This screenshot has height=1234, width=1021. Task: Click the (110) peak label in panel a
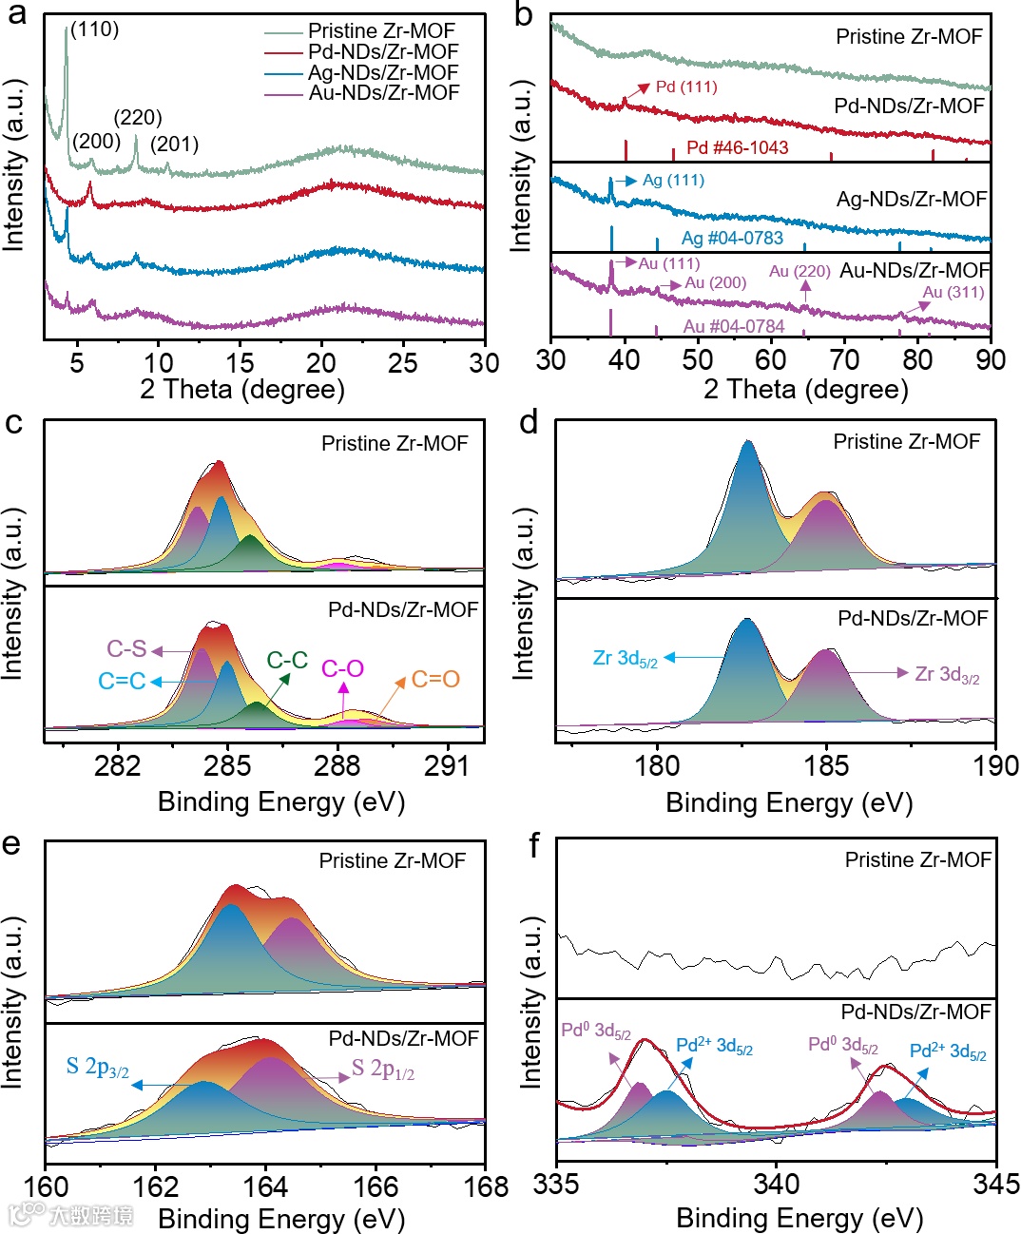pyautogui.click(x=94, y=29)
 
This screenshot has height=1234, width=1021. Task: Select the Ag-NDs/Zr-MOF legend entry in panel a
pyautogui.click(x=382, y=72)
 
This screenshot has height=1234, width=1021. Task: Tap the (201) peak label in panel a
pyautogui.click(x=174, y=145)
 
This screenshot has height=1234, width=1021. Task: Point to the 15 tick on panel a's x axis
pyautogui.click(x=240, y=362)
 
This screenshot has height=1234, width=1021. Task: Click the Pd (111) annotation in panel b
pyautogui.click(x=686, y=87)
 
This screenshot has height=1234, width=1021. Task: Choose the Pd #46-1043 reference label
pyautogui.click(x=737, y=147)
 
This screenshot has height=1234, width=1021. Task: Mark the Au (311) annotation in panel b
pyautogui.click(x=954, y=293)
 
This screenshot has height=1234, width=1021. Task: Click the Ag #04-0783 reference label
pyautogui.click(x=732, y=238)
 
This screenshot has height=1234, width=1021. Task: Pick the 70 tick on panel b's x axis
pyautogui.click(x=844, y=359)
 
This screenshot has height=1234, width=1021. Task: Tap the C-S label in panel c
pyautogui.click(x=126, y=649)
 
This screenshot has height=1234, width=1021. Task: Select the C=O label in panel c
pyautogui.click(x=435, y=680)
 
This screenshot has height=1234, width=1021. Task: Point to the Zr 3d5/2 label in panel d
pyautogui.click(x=625, y=658)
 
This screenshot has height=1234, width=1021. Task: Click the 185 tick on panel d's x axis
pyautogui.click(x=826, y=766)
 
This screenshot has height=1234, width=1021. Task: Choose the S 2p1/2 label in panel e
pyautogui.click(x=383, y=1070)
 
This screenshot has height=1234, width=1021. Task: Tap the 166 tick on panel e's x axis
pyautogui.click(x=376, y=1186)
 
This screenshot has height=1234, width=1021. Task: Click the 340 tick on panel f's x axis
pyautogui.click(x=776, y=1185)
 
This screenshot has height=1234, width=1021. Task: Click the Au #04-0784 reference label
pyautogui.click(x=734, y=327)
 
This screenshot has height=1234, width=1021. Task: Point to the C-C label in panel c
pyautogui.click(x=286, y=660)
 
